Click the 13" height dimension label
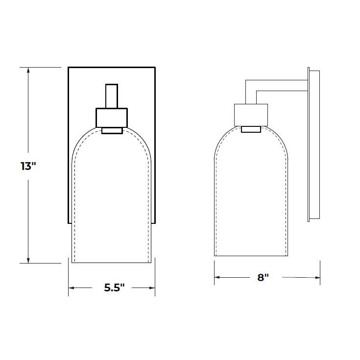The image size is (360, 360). (x=29, y=166)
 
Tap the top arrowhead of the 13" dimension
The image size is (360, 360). (x=29, y=70)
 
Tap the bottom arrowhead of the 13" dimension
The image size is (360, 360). (x=29, y=260)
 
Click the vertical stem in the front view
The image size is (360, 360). (x=112, y=96)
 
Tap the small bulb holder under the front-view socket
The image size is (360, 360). (x=112, y=130)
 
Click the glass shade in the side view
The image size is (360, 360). (x=251, y=196)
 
